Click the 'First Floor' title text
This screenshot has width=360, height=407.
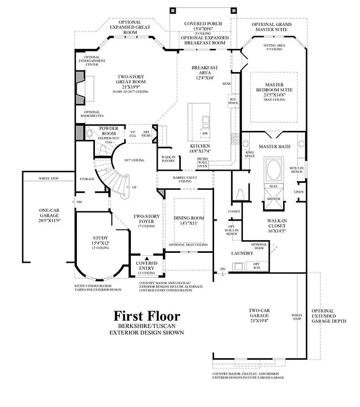[x=147, y=316]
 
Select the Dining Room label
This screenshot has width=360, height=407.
[x=189, y=218]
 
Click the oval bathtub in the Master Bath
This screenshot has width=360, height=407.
[x=274, y=171]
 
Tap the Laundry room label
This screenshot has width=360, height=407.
[x=242, y=254]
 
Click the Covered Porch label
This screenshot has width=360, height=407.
[x=203, y=24]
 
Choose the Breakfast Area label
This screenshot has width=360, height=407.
[x=204, y=72]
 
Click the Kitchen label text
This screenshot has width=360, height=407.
[x=200, y=146]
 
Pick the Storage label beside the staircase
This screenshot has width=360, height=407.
[x=87, y=179]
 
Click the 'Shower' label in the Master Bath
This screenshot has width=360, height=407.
[x=274, y=199]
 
